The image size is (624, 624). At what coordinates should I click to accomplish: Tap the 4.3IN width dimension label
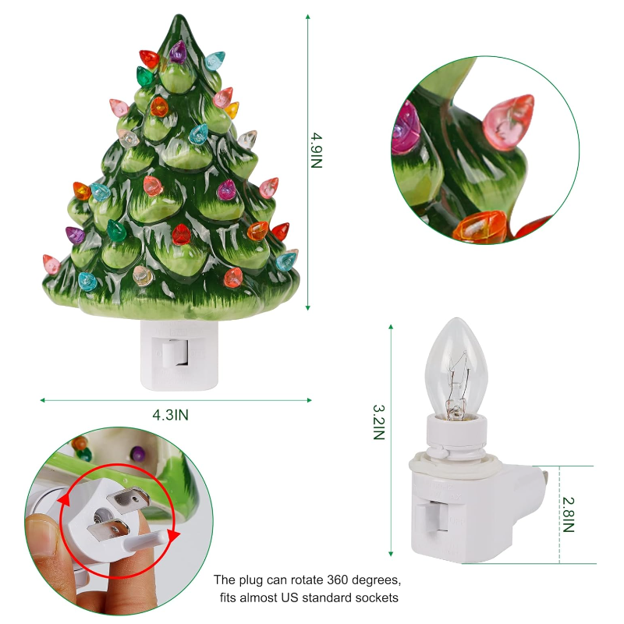click(170, 415)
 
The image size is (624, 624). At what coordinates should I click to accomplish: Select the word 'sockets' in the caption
click(378, 597)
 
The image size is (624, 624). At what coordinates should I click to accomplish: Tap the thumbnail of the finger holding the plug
click(45, 536)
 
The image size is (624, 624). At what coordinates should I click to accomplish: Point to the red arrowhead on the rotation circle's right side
click(173, 535)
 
